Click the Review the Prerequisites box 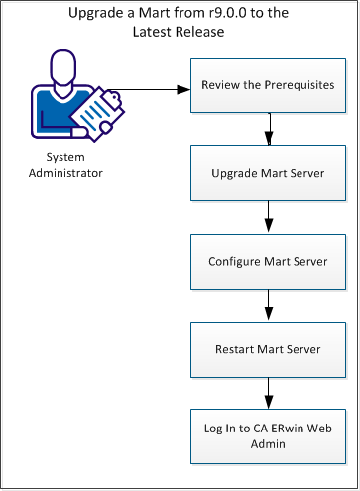click(267, 85)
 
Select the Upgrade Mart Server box click(267, 173)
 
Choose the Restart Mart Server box click(267, 349)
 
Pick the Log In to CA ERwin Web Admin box click(267, 436)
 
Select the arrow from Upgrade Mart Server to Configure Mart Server click(267, 216)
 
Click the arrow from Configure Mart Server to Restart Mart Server click(267, 305)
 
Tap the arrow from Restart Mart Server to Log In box click(267, 393)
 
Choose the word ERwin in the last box click(286, 430)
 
